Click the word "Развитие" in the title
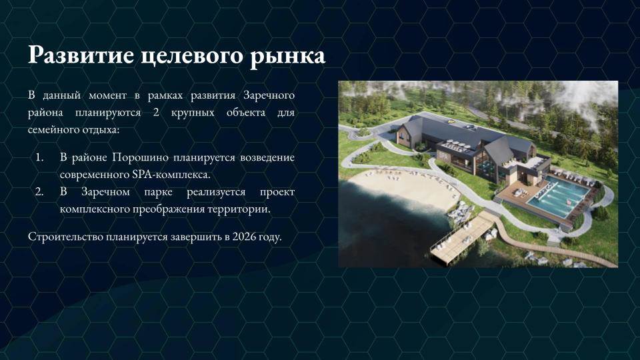tap(81, 55)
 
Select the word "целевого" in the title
tap(192, 56)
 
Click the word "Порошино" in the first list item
tap(140, 157)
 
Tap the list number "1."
tap(39, 157)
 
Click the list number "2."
tap(39, 192)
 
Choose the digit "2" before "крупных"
tap(156, 112)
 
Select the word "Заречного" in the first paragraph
tap(269, 95)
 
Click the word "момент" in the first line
tap(107, 95)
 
